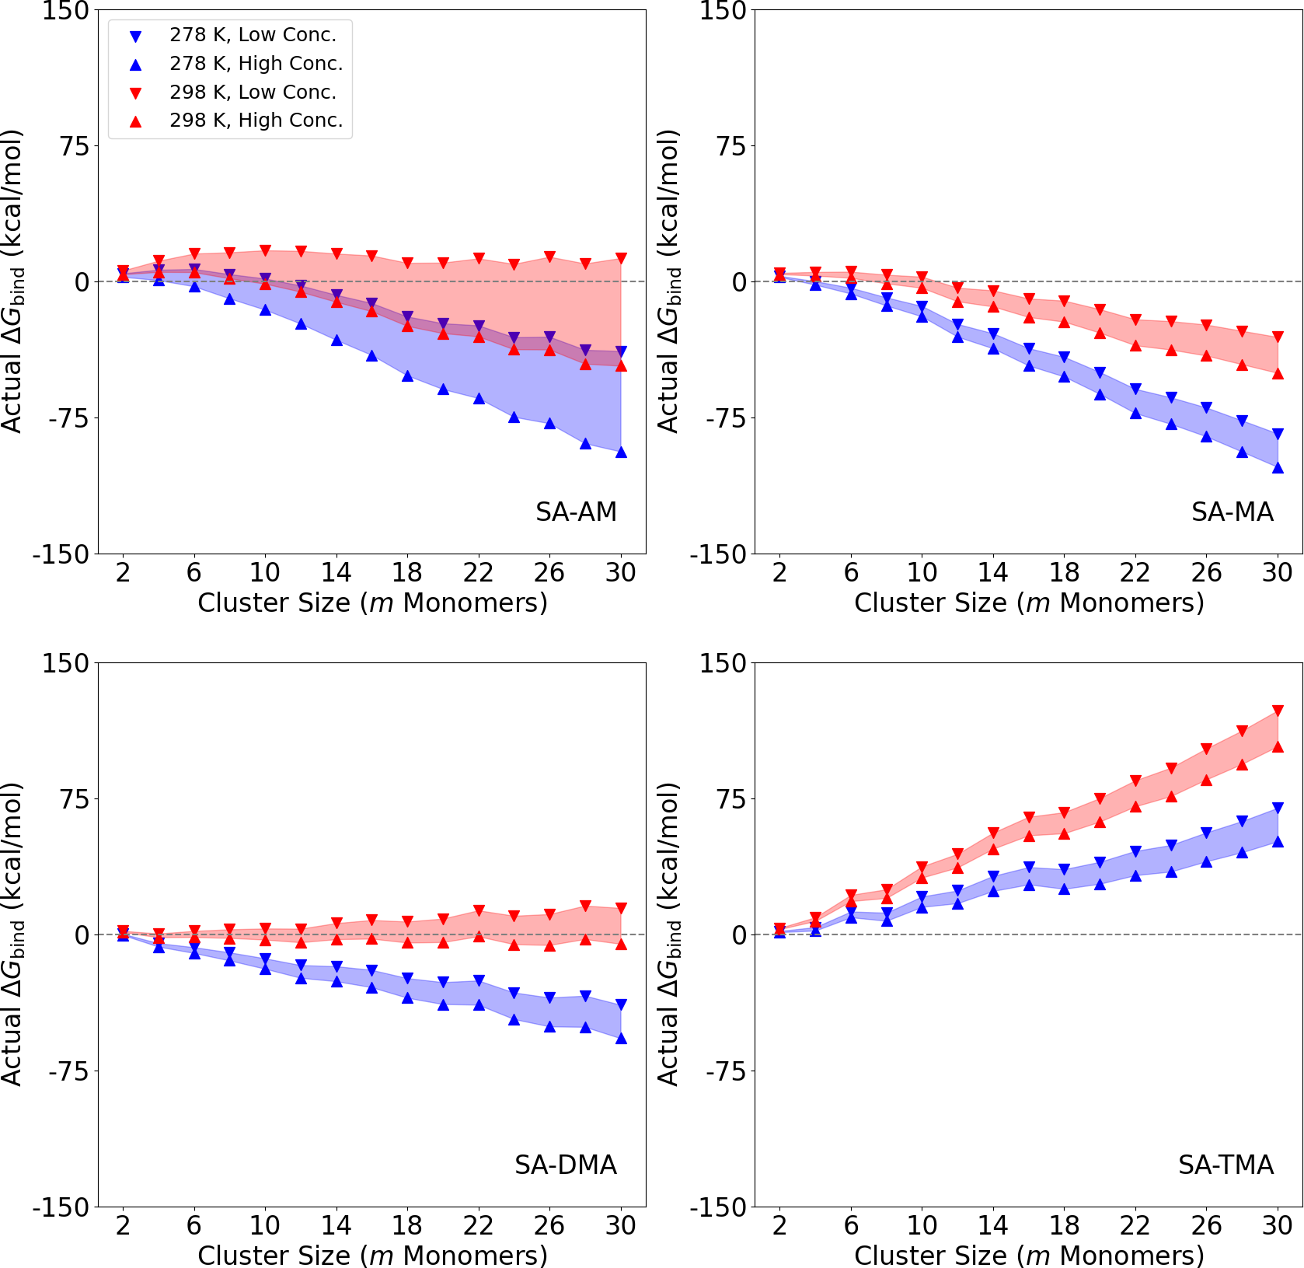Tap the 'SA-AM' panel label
pos(576,512)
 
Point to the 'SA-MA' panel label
pos(1233,512)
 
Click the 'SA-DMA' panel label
pos(566,1165)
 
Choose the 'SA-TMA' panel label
pos(1226,1165)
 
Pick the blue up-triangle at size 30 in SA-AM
pos(621,452)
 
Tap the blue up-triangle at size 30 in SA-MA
pos(1278,467)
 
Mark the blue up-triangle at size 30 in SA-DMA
pos(621,1038)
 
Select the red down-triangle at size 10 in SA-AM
pos(265,250)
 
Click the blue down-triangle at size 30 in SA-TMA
pos(1278,809)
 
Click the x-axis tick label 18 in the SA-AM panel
pos(407,573)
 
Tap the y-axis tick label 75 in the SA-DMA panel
pos(75,798)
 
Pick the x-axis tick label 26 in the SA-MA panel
pos(1206,573)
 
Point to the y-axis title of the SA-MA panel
pos(668,281)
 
